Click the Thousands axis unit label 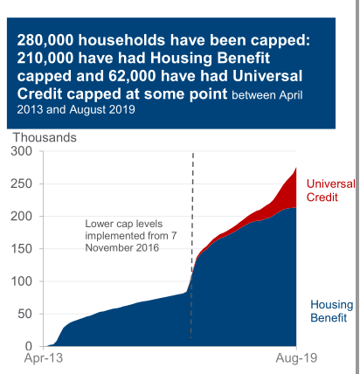click(x=45, y=136)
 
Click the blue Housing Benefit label click(x=332, y=311)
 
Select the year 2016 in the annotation click(x=145, y=249)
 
